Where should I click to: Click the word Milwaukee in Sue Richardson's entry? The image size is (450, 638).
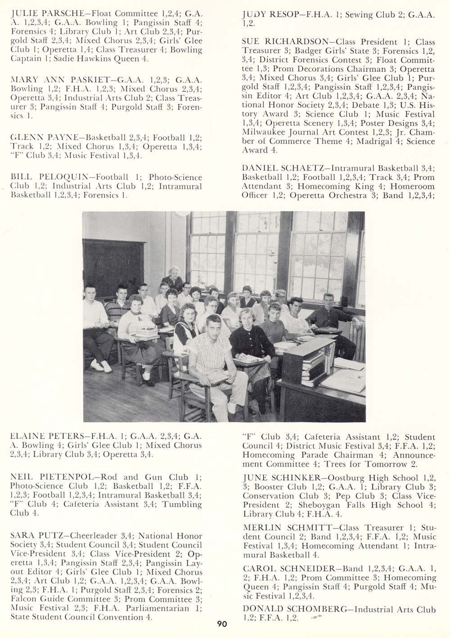266,132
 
